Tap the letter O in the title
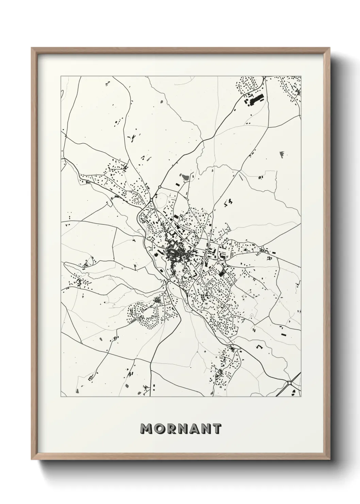tap(160, 429)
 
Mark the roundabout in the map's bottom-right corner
tap(290, 383)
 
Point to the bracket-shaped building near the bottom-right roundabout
tap(259, 347)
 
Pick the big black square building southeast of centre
tap(222, 273)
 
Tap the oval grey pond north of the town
tap(185, 177)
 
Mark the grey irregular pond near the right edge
tap(281, 154)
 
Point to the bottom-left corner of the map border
tap(61, 397)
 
